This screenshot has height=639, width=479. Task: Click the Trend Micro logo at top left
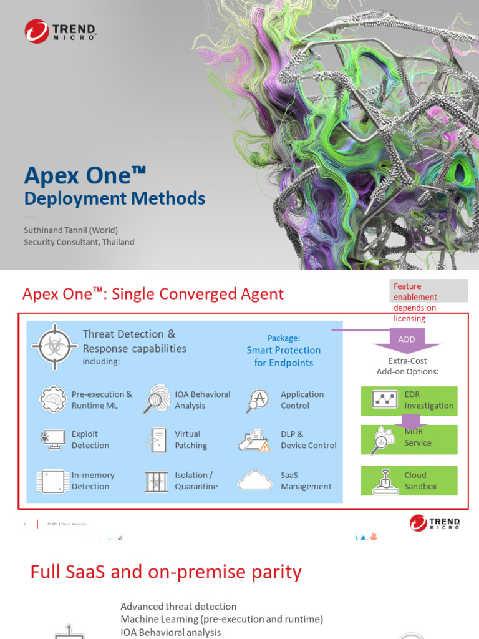coord(60,31)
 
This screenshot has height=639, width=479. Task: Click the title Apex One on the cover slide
coord(85,175)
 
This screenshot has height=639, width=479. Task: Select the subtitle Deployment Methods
coord(114,198)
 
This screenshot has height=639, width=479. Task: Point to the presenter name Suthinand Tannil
coord(70,230)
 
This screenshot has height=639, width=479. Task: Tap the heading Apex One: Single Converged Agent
coord(153,294)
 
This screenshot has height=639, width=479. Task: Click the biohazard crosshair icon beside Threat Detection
coord(54,348)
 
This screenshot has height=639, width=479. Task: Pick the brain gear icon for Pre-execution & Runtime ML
coord(54,399)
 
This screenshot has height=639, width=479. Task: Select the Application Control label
coord(302,400)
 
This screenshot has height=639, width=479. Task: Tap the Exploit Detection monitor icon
coord(52,440)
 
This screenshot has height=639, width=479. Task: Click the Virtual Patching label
coord(191,440)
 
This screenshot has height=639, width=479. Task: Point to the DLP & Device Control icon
coord(254,440)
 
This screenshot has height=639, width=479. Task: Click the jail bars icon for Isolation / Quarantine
coord(156,480)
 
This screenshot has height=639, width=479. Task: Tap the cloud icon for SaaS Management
coord(254,480)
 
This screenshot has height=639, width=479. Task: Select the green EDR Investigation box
coord(409,400)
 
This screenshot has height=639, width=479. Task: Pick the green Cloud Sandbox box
coord(409,480)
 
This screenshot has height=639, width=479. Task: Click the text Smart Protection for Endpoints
coord(284,356)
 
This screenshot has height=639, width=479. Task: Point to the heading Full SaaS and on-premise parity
coord(166,572)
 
